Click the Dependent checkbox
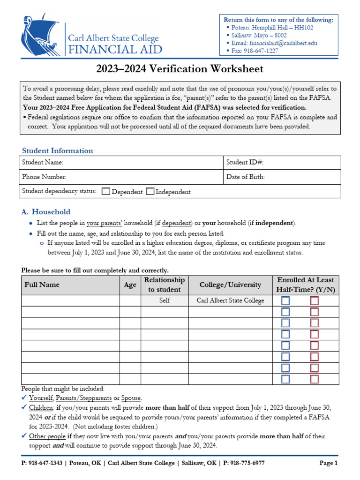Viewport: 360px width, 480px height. tap(106, 191)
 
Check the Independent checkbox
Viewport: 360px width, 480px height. tap(150, 191)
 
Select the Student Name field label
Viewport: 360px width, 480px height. tap(43, 162)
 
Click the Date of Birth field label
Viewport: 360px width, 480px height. tap(246, 177)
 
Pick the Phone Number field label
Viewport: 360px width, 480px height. tap(45, 177)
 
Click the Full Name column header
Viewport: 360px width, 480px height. tap(42, 285)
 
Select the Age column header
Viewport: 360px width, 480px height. tap(130, 285)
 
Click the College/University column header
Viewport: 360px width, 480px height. tap(230, 285)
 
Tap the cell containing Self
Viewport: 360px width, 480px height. tap(165, 300)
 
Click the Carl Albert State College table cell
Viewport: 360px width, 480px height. tap(230, 300)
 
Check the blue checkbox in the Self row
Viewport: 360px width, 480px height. tap(285, 300)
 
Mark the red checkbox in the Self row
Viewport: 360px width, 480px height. tap(314, 300)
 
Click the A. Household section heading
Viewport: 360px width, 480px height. tap(46, 212)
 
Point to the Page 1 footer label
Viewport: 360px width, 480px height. tap(328, 463)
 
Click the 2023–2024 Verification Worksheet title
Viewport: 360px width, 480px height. tap(180, 69)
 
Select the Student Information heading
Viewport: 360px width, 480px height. tap(58, 150)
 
